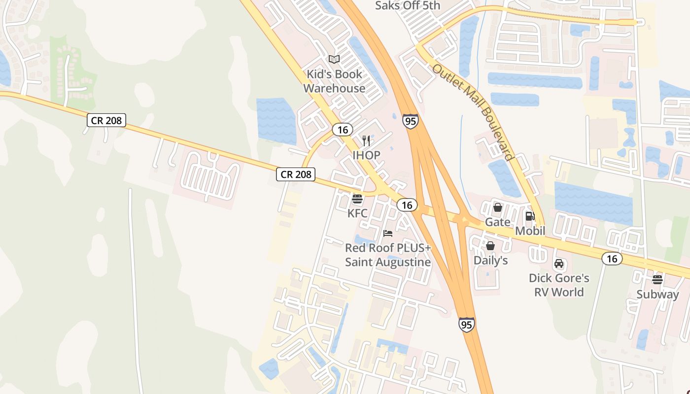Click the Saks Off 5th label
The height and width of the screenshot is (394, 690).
408,5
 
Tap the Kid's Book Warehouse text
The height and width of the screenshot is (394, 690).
334,81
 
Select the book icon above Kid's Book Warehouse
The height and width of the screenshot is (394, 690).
334,60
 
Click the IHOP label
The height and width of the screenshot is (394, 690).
366,155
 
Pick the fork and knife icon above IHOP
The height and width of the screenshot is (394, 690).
366,141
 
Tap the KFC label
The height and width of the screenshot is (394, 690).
357,213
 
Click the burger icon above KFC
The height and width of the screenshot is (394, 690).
357,199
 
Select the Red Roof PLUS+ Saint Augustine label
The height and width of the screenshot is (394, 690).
388,255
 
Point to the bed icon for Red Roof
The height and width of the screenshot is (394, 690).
388,233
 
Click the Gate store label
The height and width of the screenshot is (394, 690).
498,222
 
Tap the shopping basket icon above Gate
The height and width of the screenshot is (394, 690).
498,207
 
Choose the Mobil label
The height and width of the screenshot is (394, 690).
530,230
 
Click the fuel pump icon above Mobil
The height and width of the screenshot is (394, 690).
530,216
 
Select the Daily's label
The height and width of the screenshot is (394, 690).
490,260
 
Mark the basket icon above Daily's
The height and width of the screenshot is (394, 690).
490,245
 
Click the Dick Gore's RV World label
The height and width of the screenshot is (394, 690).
559,285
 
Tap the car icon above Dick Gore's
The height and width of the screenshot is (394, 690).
559,263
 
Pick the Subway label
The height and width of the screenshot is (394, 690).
657,295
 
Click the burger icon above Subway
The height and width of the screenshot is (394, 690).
657,280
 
